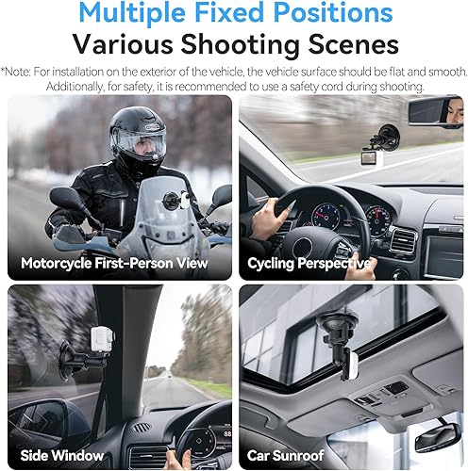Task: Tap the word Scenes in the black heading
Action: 354,44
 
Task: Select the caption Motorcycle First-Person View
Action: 114,263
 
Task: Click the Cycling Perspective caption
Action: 309,264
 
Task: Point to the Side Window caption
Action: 62,455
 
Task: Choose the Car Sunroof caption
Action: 286,455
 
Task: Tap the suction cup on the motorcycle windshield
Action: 172,202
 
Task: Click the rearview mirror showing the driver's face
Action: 436,112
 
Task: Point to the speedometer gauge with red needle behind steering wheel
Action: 326,217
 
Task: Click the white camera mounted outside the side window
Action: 101,340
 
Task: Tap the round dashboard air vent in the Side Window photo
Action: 141,427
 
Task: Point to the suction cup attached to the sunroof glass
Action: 338,321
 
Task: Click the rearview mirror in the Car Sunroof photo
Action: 438,436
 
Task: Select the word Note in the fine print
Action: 17,72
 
